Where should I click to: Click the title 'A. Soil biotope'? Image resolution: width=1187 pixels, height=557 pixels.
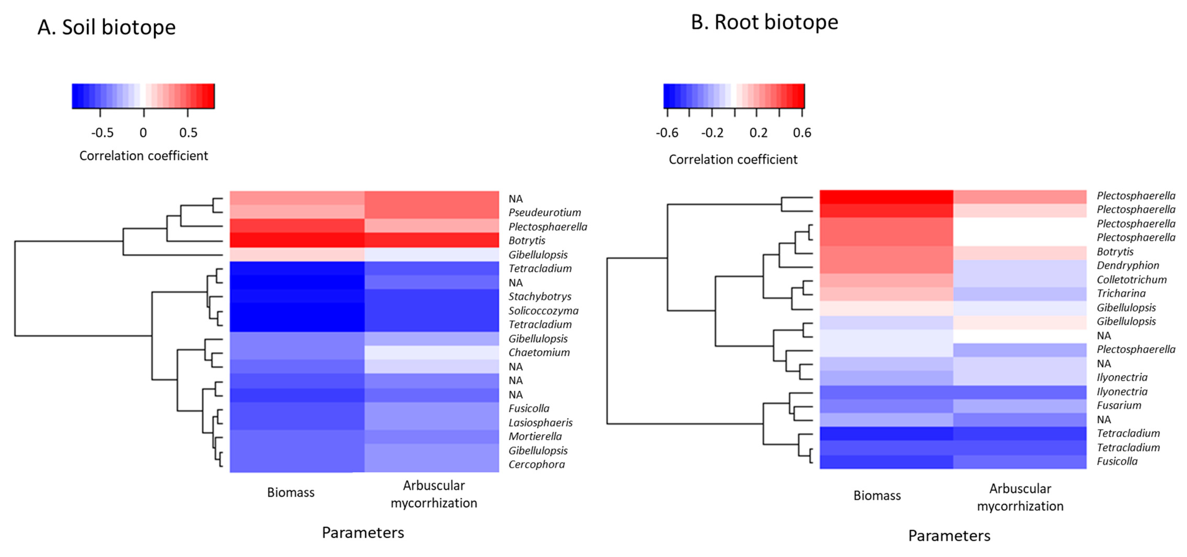[x=106, y=27]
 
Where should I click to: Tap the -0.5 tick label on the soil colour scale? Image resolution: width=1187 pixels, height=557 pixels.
[x=102, y=133]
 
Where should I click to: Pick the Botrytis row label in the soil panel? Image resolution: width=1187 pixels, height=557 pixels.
[x=527, y=241]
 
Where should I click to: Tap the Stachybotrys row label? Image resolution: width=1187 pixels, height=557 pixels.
[x=540, y=297]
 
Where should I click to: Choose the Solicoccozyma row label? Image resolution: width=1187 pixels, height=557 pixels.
[x=543, y=311]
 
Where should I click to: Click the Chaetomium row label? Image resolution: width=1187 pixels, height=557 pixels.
[x=539, y=353]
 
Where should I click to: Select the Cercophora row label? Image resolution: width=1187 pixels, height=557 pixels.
[x=536, y=464]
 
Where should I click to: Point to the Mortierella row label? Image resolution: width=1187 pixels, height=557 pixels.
[x=535, y=437]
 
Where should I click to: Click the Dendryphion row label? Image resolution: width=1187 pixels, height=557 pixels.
[x=1128, y=266]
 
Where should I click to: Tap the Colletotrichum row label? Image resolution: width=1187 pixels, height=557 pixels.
[x=1131, y=280]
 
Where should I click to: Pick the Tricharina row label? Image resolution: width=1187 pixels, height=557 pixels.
[x=1121, y=294]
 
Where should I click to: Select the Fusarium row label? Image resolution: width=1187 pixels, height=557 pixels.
[x=1119, y=405]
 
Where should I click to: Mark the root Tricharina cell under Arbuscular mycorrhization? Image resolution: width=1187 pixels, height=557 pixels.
[x=1019, y=294]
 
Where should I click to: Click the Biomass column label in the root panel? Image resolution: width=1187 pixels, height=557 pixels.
[x=876, y=496]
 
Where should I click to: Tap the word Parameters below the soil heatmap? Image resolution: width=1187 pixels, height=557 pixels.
[x=363, y=533]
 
